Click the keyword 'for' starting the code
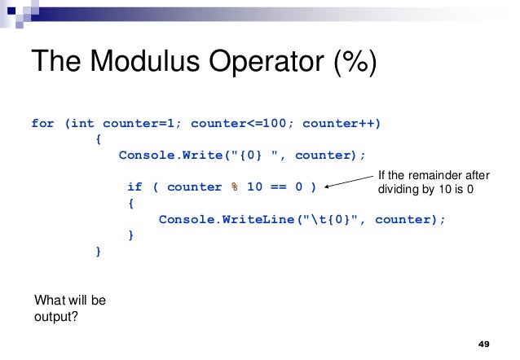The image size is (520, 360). (x=42, y=124)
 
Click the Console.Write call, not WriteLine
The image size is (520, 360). (x=165, y=155)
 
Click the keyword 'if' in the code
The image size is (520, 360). (x=135, y=187)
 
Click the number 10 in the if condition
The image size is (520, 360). (x=254, y=187)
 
